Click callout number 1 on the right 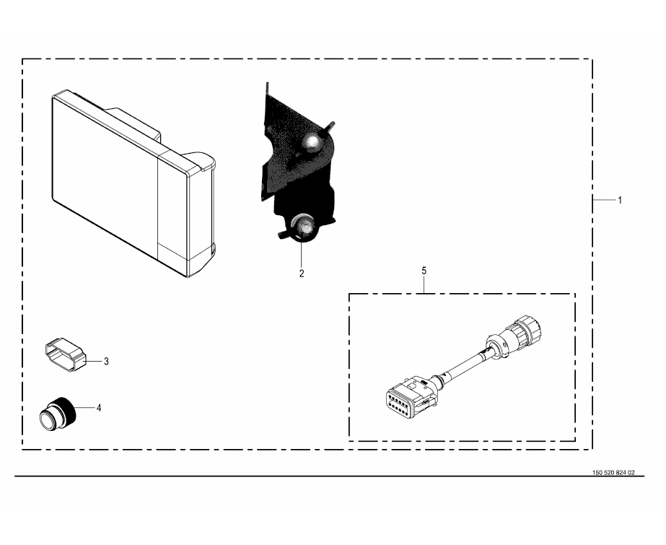coord(620,200)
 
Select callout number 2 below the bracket coord(302,274)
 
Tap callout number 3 coord(106,362)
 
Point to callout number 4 coord(99,408)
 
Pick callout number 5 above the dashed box coord(424,271)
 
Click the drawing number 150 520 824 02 coord(613,472)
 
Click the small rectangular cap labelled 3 coord(65,354)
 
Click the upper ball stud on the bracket coord(312,141)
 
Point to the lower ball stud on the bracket coord(304,225)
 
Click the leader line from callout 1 coord(604,200)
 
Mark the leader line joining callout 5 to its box coord(424,284)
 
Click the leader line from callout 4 coord(85,408)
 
